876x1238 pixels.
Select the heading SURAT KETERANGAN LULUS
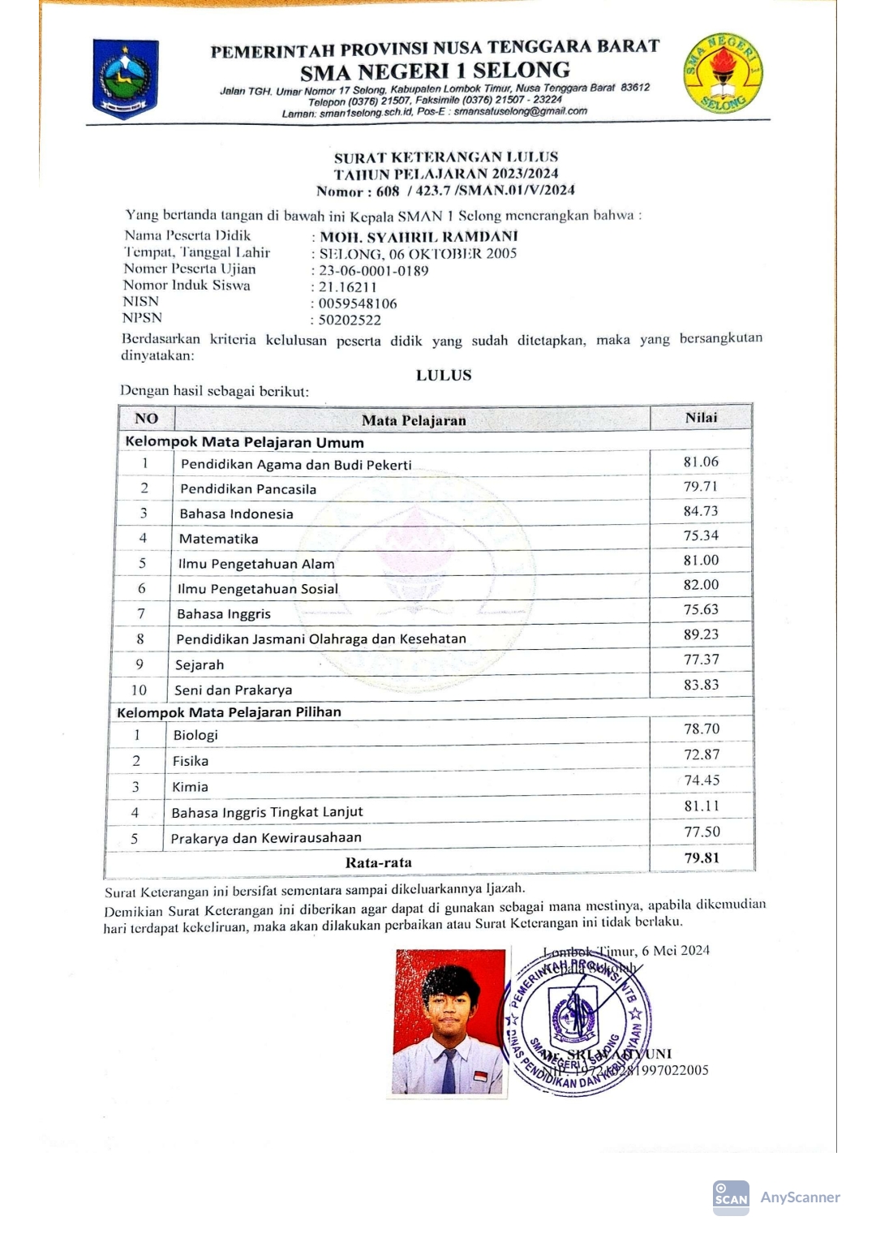pos(446,157)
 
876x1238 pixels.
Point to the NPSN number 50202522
pos(350,320)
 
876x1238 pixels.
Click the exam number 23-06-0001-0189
pos(373,271)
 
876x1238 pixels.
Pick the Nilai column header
pos(701,418)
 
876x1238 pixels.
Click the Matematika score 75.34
pos(701,535)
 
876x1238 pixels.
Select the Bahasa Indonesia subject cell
pos(237,514)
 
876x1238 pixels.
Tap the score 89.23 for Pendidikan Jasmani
pos(701,634)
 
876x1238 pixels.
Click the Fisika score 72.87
pos(701,754)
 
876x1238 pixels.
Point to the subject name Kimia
pos(191,787)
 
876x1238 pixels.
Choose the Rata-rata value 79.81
pos(702,858)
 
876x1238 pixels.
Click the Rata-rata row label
pos(378,862)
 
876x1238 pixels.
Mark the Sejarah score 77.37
pos(701,660)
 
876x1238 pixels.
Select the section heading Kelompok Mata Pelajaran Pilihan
pos(230,712)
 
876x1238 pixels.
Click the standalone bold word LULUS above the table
pos(444,375)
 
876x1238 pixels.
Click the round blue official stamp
pos(577,1023)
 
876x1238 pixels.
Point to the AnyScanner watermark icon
pos(731,1197)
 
